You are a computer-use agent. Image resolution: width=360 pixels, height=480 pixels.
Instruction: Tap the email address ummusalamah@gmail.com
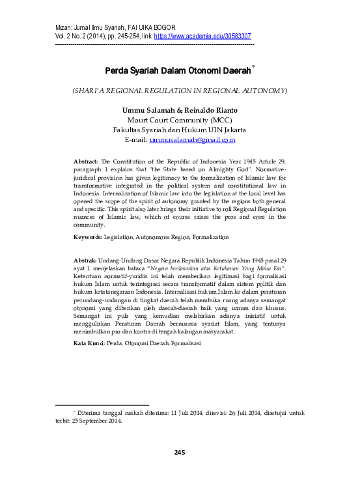coord(192,139)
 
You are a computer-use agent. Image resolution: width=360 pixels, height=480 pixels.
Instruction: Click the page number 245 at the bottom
coord(180,452)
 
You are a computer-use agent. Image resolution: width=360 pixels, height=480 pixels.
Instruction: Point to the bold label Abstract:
coord(86,160)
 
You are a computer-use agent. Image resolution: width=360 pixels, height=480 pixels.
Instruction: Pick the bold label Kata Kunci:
coord(89,342)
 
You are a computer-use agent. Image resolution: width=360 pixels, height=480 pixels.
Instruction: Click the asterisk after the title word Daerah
coord(253,66)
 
